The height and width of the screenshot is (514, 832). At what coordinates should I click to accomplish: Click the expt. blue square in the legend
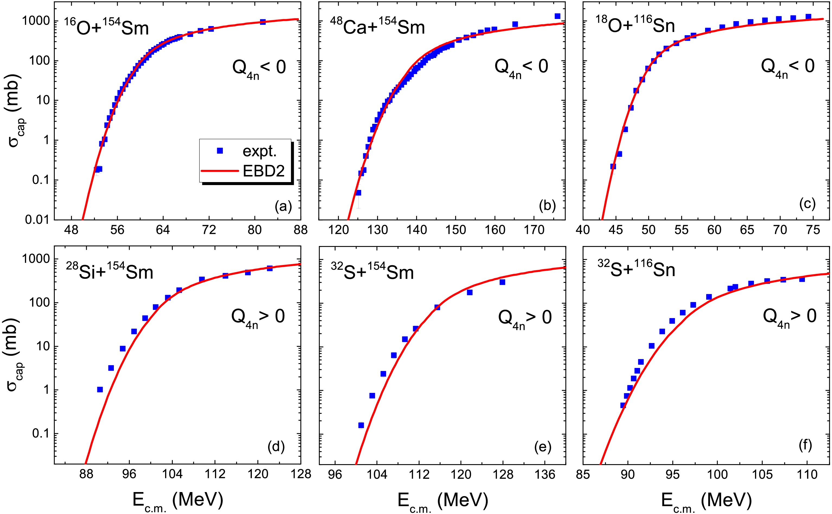point(220,151)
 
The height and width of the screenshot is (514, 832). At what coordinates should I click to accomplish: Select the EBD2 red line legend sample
point(220,171)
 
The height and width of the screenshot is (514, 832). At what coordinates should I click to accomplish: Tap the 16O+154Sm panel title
point(107,27)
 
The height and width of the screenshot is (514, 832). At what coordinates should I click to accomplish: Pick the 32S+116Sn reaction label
point(636,269)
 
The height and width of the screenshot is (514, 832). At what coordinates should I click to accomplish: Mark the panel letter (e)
point(542,447)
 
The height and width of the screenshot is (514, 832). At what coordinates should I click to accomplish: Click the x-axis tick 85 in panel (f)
point(583,474)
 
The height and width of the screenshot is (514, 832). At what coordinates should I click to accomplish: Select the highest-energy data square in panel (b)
point(557,16)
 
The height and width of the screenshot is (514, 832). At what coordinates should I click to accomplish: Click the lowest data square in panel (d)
point(100,390)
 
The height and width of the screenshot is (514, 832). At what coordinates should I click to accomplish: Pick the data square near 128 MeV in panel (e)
point(502,282)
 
